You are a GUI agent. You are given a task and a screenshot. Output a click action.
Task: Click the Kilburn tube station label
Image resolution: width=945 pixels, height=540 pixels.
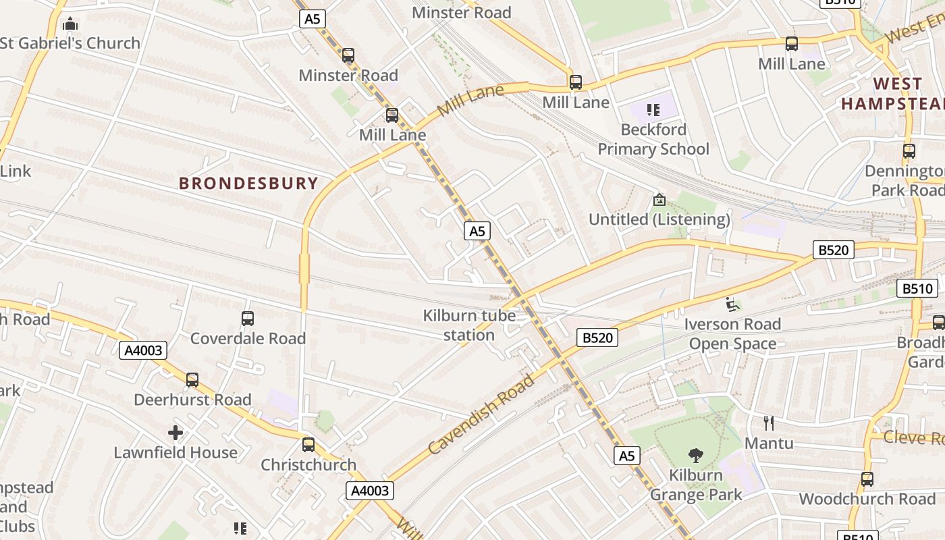point(469,325)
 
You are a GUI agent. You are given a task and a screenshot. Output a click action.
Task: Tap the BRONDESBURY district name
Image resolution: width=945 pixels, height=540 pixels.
point(248,183)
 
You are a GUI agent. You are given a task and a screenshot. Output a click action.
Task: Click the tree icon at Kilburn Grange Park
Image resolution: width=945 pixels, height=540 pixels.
point(695,456)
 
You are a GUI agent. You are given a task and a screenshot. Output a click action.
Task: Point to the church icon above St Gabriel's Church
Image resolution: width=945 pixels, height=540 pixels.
point(70,24)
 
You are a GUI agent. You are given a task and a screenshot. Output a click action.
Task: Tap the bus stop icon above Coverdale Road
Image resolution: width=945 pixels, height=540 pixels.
point(248,318)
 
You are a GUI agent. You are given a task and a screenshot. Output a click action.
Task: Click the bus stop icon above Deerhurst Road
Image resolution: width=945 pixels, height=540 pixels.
point(192,380)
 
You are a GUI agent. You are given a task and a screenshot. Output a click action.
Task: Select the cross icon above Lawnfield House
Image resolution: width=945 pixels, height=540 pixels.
point(175,432)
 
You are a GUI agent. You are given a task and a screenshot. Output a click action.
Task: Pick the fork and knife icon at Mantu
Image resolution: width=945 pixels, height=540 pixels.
point(768,423)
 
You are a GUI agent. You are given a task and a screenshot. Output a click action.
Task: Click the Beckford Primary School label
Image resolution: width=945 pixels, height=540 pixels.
point(653,139)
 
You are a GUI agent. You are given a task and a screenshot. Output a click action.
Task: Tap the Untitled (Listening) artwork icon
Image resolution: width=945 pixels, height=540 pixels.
point(659,200)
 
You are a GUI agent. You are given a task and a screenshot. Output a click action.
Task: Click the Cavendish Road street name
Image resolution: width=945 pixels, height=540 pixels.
point(481,415)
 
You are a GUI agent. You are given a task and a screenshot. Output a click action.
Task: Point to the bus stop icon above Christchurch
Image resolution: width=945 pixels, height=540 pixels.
point(308,445)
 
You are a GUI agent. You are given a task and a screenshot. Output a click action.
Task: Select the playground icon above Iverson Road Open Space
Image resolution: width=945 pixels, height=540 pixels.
point(732,304)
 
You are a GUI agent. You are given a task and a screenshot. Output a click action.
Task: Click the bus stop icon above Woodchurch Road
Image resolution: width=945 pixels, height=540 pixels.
point(867,479)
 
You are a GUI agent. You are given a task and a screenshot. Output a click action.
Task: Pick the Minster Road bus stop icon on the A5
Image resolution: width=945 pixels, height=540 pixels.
point(348,55)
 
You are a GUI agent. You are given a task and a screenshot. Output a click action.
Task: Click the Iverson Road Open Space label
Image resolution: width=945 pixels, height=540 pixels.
point(732,334)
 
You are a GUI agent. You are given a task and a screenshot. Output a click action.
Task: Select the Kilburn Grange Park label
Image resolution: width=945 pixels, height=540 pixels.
point(696,485)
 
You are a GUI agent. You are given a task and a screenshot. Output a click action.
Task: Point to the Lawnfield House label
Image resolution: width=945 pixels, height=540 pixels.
point(175,452)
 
